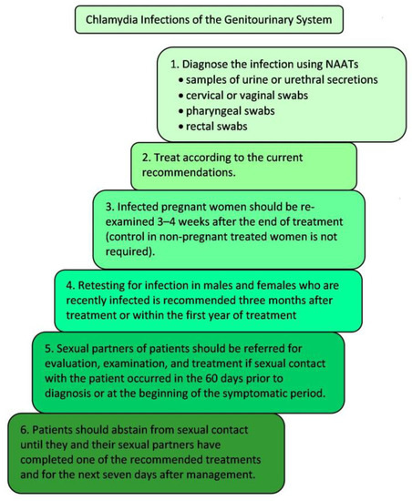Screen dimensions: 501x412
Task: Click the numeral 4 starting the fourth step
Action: pyautogui.click(x=61, y=283)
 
